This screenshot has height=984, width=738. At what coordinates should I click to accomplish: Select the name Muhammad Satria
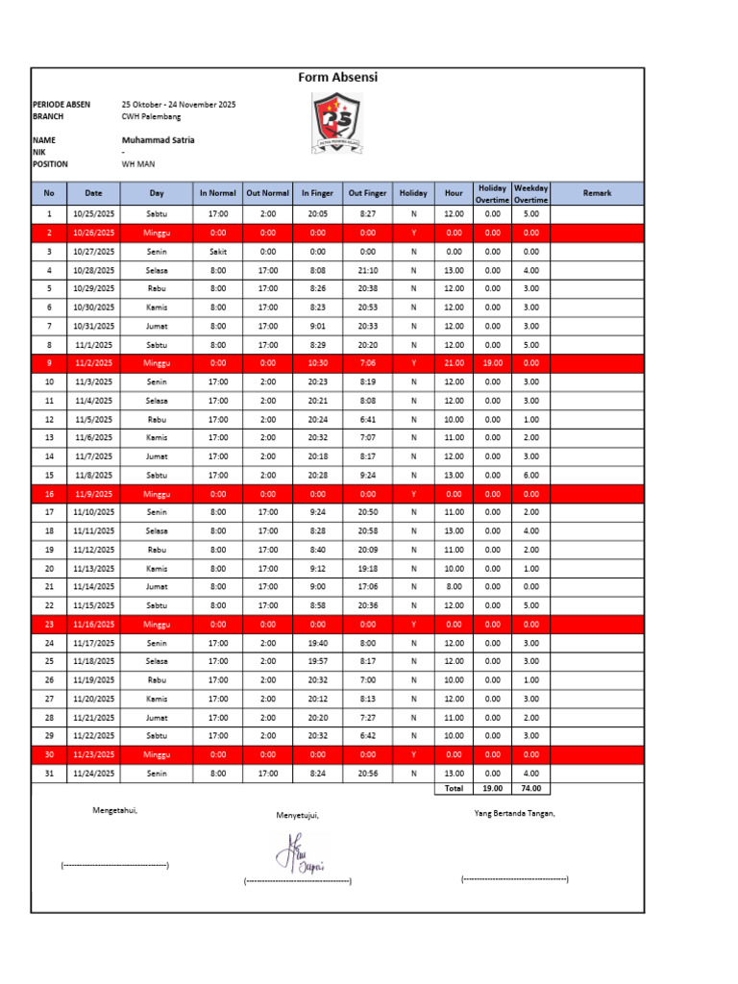coord(158,140)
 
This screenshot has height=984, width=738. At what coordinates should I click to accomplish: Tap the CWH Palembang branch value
coord(151,116)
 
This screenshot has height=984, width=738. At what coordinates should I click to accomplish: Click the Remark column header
coord(597,193)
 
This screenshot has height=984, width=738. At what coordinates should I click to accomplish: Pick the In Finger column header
coord(317,193)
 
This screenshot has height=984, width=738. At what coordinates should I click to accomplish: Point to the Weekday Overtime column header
coord(530,193)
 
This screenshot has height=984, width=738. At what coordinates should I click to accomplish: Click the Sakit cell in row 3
coord(218,251)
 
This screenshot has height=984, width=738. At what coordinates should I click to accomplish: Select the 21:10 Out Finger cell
coord(367,270)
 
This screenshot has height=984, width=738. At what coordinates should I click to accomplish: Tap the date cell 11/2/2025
coord(93,363)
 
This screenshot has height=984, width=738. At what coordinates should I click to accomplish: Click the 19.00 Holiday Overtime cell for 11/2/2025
coord(492,363)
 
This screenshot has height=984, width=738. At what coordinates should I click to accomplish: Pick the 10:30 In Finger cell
coord(317,363)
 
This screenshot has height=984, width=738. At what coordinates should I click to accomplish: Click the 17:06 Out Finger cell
coord(367,586)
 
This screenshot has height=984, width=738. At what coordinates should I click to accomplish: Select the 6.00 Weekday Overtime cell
coord(530,475)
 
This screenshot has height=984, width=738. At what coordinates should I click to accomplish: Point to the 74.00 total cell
coord(530,788)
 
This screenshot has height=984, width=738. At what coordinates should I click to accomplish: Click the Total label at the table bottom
coord(454,788)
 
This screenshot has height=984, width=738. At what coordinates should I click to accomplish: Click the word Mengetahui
coord(114,810)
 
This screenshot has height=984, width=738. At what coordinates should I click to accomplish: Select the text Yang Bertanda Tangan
coord(514,813)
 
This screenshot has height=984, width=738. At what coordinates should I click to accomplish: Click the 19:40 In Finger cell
coord(317,643)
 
